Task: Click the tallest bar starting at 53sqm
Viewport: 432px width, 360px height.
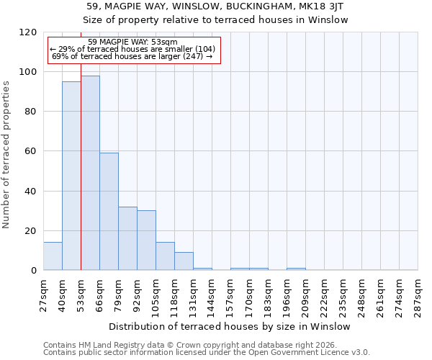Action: (90, 173)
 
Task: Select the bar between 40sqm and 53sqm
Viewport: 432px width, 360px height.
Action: (71, 176)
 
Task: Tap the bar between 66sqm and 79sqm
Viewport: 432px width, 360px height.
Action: (109, 212)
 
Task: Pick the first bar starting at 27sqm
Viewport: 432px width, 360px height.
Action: (53, 256)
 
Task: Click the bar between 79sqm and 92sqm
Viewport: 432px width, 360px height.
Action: (127, 238)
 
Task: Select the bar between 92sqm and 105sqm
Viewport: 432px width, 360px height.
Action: (146, 240)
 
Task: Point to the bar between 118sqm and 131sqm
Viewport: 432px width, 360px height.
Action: (184, 261)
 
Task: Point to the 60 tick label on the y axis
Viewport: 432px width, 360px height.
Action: (30, 151)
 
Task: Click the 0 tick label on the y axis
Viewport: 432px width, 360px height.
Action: (33, 271)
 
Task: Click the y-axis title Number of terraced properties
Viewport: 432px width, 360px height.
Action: (6, 154)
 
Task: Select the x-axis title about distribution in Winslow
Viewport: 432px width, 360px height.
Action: (229, 326)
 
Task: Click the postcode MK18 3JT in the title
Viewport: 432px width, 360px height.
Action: (321, 6)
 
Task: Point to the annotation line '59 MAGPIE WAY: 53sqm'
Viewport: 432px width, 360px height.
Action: (132, 42)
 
